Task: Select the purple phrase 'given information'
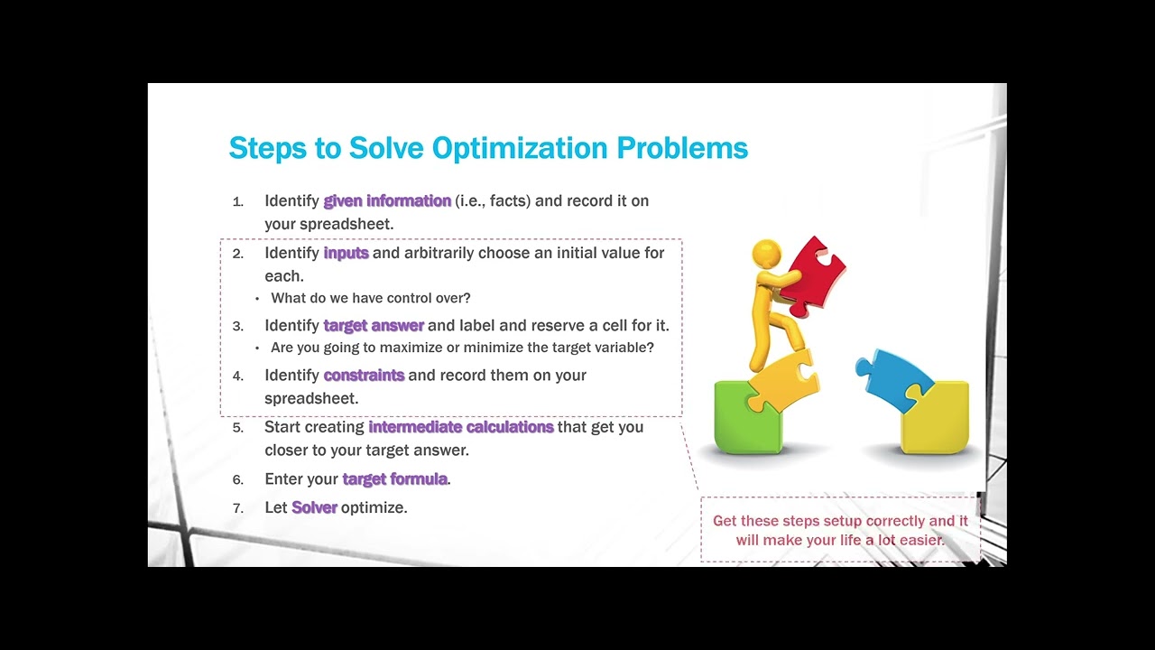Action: tap(387, 200)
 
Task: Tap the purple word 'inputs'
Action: tap(346, 253)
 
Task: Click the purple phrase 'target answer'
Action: tap(374, 325)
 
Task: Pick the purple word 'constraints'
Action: tap(364, 375)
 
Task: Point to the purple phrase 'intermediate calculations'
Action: tap(461, 426)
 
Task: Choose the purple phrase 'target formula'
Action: tap(394, 478)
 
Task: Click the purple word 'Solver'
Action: tap(314, 507)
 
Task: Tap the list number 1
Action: tap(238, 201)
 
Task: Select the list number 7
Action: tap(238, 508)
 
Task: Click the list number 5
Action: tap(238, 427)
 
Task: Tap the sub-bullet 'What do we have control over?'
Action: tap(371, 298)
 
